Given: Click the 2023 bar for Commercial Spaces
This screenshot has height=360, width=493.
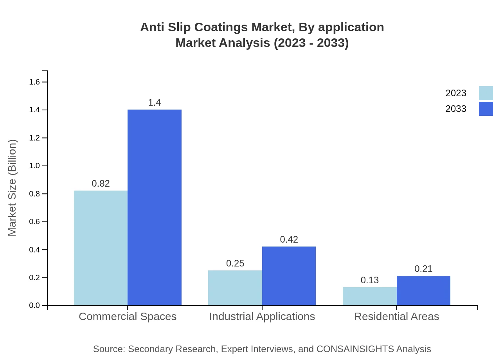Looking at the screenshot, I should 101,248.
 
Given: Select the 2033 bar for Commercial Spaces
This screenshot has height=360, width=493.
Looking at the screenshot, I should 155,207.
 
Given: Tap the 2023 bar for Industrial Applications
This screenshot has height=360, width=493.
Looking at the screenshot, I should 235,288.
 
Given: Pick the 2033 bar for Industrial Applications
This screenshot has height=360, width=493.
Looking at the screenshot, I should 289,276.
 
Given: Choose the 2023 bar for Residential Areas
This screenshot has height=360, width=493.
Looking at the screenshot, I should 370,296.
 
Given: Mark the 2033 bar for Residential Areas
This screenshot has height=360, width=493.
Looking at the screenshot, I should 423,290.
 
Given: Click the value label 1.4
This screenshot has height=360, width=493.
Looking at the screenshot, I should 155,103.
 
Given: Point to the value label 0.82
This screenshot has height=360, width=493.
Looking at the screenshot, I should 101,184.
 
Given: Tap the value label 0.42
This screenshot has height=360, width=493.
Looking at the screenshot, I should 289,239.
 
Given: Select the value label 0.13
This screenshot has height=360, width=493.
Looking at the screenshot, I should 370,280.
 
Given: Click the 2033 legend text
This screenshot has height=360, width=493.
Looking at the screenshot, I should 456,109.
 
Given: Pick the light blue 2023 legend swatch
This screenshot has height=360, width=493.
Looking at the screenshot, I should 486,93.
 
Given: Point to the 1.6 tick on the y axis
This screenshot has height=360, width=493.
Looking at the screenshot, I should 35,82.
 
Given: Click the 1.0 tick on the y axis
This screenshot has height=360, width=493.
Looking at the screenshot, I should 35,166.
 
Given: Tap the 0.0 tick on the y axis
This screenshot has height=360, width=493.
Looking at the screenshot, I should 35,306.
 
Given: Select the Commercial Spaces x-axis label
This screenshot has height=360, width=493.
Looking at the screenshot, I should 128,316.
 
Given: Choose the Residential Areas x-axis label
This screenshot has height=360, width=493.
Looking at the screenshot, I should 396,316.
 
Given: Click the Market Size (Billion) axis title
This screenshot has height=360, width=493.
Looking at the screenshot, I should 13,188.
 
